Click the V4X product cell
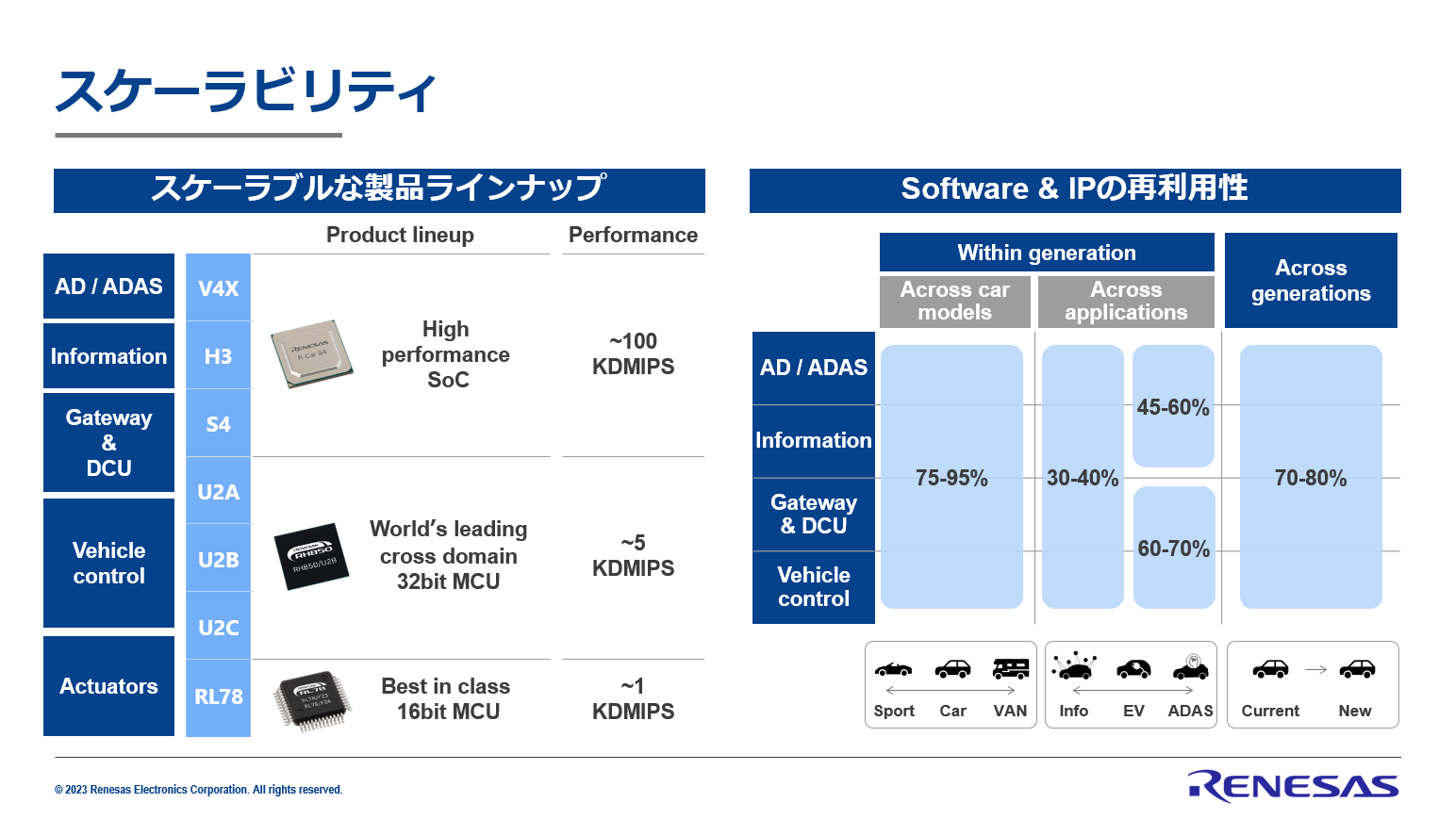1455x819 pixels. tap(218, 287)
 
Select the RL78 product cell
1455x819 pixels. tap(218, 697)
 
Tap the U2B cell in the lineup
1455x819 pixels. tap(218, 559)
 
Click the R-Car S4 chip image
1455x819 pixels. tap(312, 353)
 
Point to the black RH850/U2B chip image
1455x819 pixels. tap(311, 556)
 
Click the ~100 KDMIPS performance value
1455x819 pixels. tap(633, 353)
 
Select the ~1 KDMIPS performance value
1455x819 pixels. tap(633, 699)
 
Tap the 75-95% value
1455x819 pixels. tap(951, 478)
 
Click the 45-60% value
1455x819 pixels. tap(1173, 407)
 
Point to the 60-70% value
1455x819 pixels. tap(1174, 549)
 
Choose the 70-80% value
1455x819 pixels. tap(1310, 478)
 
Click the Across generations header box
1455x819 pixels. tap(1311, 280)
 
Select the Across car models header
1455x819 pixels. tap(955, 302)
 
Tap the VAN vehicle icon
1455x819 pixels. tap(1011, 668)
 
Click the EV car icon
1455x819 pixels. tap(1133, 668)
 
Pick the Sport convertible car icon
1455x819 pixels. tap(893, 669)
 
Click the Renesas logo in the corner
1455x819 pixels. tap(1293, 787)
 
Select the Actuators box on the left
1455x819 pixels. tap(108, 686)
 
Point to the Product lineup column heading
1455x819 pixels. tap(400, 235)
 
